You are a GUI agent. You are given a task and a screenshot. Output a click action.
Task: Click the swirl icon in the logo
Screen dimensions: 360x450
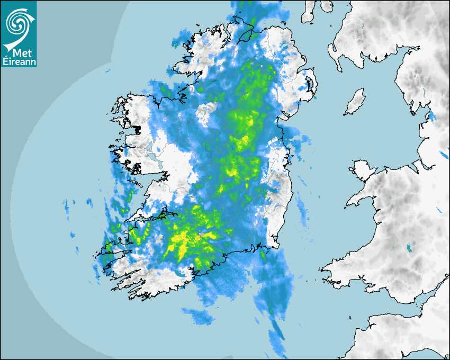pyautogui.click(x=17, y=23)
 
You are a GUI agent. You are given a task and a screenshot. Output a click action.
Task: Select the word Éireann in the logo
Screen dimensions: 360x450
pyautogui.click(x=19, y=62)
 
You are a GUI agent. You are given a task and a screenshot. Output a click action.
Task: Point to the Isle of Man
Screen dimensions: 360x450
pyautogui.click(x=355, y=102)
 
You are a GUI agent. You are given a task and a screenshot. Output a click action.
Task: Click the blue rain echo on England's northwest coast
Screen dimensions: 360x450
pyautogui.click(x=431, y=116)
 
